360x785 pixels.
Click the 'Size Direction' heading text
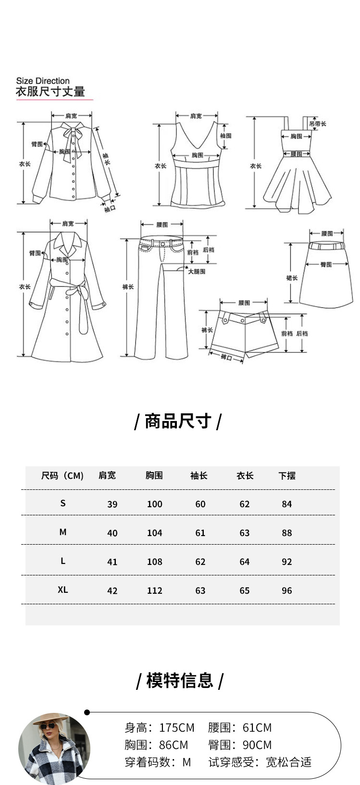pyautogui.click(x=43, y=81)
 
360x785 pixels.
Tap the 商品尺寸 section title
pyautogui.click(x=178, y=421)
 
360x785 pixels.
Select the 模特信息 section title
pyautogui.click(x=179, y=681)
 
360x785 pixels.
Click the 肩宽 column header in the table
pyautogui.click(x=107, y=475)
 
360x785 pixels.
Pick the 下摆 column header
pyautogui.click(x=286, y=476)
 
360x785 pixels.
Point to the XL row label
pyautogui.click(x=62, y=589)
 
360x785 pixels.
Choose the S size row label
pyautogui.click(x=62, y=503)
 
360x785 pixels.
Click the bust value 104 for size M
pyautogui.click(x=154, y=533)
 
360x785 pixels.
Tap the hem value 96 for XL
pyautogui.click(x=286, y=590)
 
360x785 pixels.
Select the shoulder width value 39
pyautogui.click(x=112, y=504)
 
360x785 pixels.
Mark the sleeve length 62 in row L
pyautogui.click(x=200, y=561)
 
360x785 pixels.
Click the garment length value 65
pyautogui.click(x=244, y=590)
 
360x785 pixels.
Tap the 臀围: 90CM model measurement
pyautogui.click(x=240, y=745)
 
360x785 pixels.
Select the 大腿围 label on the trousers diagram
pyautogui.click(x=196, y=272)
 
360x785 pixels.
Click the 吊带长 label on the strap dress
pyautogui.click(x=318, y=124)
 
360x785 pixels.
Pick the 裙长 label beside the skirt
pyautogui.click(x=292, y=278)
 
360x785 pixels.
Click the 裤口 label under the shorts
pyautogui.click(x=226, y=357)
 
